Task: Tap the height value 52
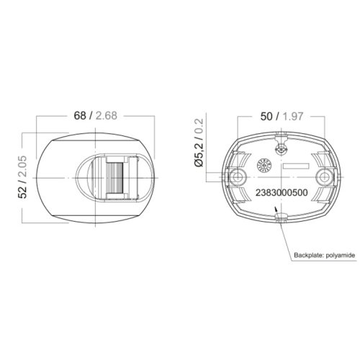tap(22, 189)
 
